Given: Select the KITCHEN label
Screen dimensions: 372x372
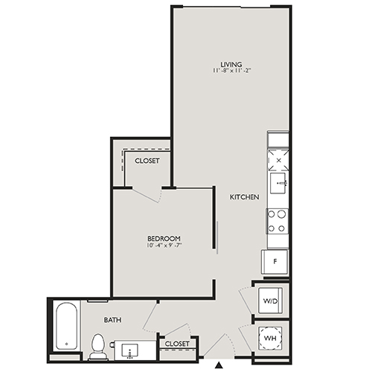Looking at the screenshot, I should (244, 197).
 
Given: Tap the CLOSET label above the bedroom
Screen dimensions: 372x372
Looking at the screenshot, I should (147, 161).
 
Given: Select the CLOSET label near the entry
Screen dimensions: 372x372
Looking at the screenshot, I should (177, 344).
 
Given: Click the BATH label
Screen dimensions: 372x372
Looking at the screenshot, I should (112, 321).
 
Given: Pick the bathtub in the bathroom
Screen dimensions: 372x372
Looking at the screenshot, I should (65, 326).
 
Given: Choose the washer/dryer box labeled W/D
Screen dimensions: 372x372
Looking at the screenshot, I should (269, 301).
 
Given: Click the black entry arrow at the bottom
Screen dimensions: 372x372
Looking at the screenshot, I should (218, 365).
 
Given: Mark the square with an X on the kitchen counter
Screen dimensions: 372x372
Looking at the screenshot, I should (278, 159).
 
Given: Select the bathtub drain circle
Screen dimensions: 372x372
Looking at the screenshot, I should (65, 344).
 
